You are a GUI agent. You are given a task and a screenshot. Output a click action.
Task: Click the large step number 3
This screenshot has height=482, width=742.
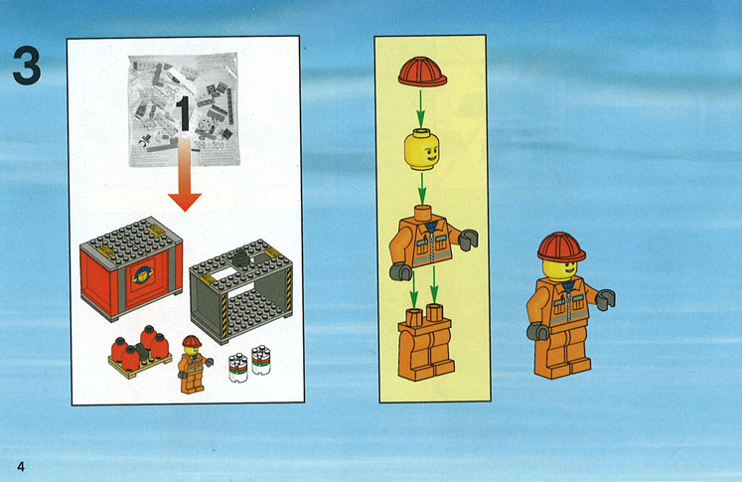tap(27, 66)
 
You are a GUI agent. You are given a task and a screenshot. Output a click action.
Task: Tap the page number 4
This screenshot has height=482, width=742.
tap(20, 466)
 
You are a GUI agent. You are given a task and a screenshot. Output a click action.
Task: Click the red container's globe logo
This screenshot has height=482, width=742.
tap(141, 273)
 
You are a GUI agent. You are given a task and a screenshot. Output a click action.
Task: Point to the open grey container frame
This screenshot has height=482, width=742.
tap(241, 290)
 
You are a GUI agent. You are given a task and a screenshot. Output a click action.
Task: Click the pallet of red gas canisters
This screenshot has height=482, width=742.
tap(140, 352)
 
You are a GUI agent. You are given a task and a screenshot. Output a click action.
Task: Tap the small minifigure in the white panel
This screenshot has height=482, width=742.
tap(194, 364)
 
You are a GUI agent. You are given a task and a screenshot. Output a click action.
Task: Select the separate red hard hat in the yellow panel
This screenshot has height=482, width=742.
tap(422, 72)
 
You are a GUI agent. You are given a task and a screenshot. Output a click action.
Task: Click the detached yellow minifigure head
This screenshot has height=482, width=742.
tap(422, 150)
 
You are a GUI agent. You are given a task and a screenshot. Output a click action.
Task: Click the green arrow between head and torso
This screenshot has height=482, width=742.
tap(422, 188)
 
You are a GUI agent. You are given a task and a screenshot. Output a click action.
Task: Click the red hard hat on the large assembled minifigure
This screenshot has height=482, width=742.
tap(561, 246)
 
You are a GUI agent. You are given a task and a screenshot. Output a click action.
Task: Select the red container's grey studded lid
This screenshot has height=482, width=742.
tap(131, 242)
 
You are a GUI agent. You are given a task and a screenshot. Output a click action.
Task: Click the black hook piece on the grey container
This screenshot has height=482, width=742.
tap(241, 257)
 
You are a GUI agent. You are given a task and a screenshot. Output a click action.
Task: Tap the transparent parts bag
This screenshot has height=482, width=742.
tap(184, 109)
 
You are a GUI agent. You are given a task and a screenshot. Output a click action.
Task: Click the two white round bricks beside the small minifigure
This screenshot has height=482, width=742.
tap(249, 363)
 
